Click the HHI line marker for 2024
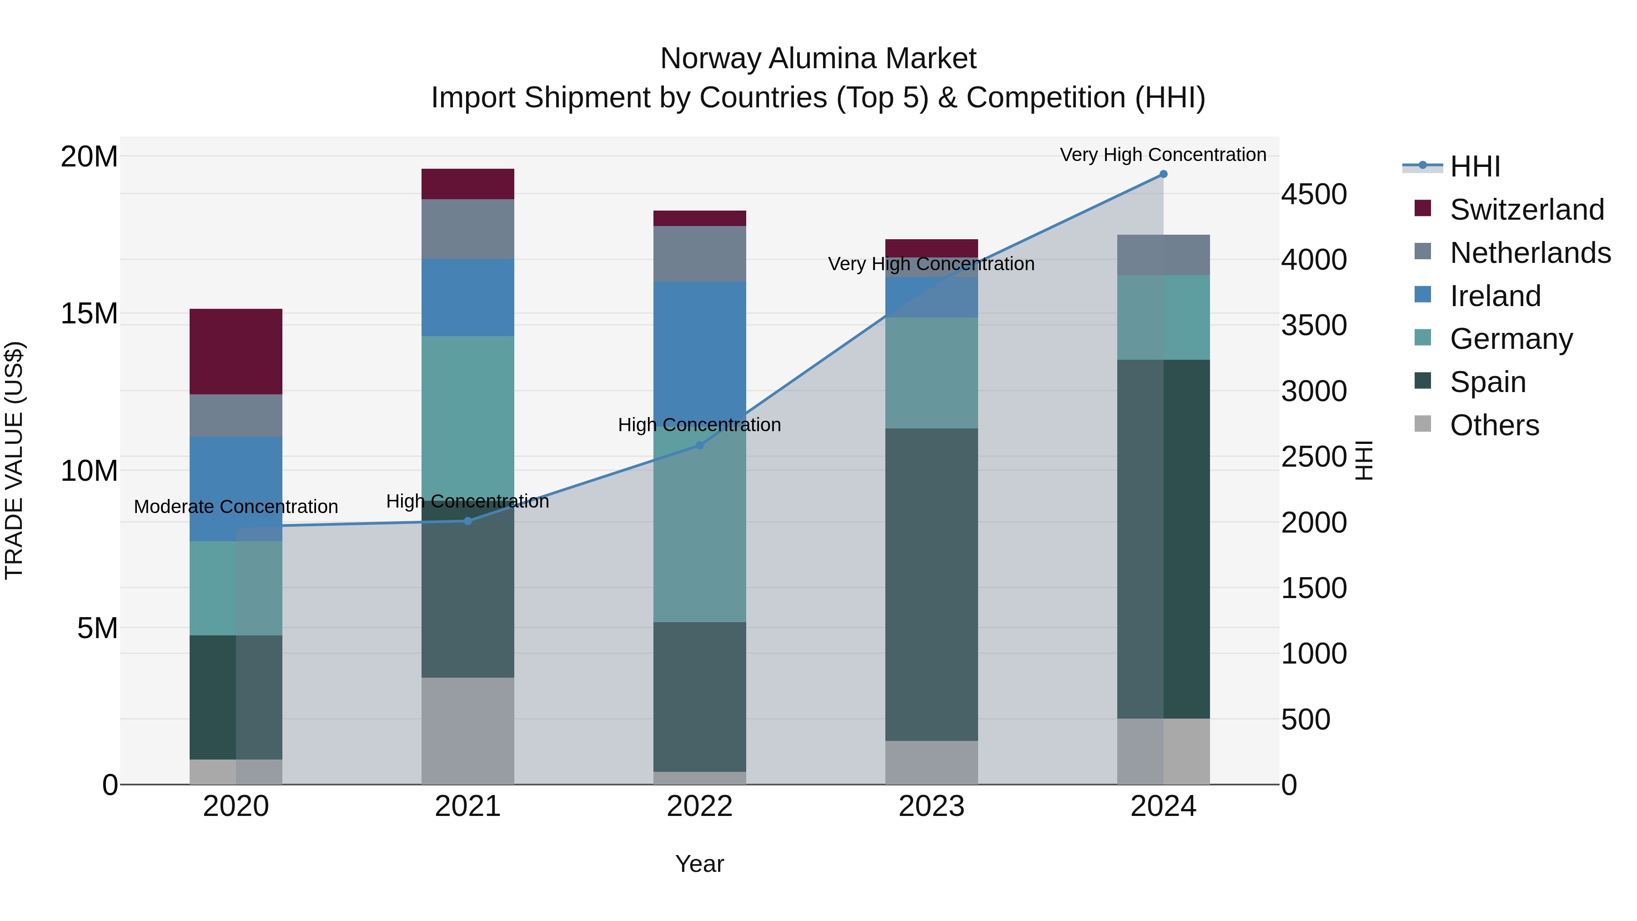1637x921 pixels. point(1163,174)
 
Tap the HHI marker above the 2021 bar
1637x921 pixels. point(468,521)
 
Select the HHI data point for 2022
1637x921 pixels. point(700,446)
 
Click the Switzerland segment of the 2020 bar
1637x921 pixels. point(236,352)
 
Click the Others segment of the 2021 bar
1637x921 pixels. point(468,730)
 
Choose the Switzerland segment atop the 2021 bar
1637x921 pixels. point(468,184)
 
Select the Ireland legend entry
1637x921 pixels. point(1495,296)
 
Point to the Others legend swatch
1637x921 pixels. point(1423,424)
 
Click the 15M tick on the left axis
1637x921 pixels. point(89,313)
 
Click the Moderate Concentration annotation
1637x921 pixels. point(236,507)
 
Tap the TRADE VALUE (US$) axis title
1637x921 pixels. point(14,460)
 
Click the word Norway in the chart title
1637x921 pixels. point(710,59)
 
